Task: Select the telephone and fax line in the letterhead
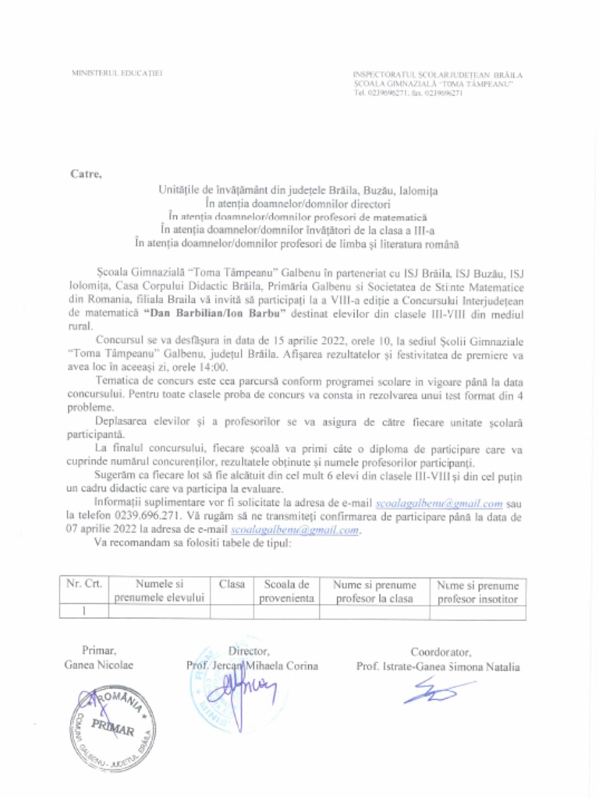(408, 93)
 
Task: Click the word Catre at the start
(86, 173)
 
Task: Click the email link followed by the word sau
(438, 503)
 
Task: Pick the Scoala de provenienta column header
(287, 591)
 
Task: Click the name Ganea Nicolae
(99, 665)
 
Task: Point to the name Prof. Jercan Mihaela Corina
(252, 666)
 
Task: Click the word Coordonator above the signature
(441, 651)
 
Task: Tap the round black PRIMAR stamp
(112, 728)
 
